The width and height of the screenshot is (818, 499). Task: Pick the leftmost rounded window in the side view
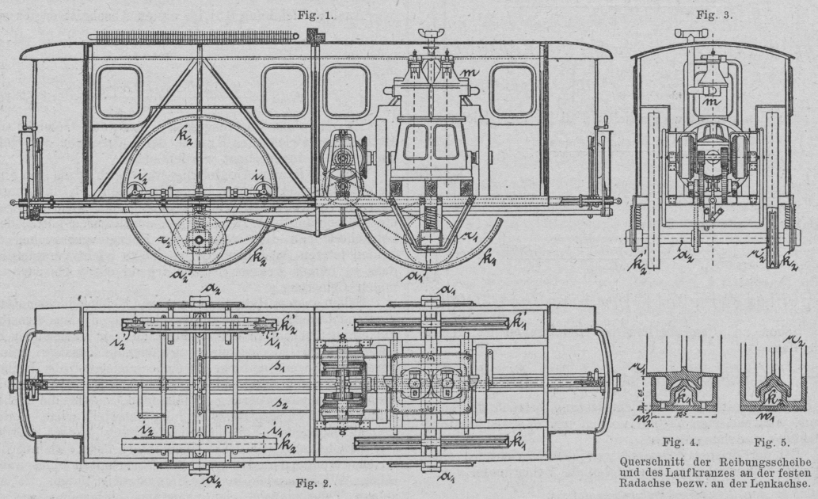(x=119, y=91)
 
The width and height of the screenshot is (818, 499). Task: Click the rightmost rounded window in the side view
(x=512, y=91)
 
